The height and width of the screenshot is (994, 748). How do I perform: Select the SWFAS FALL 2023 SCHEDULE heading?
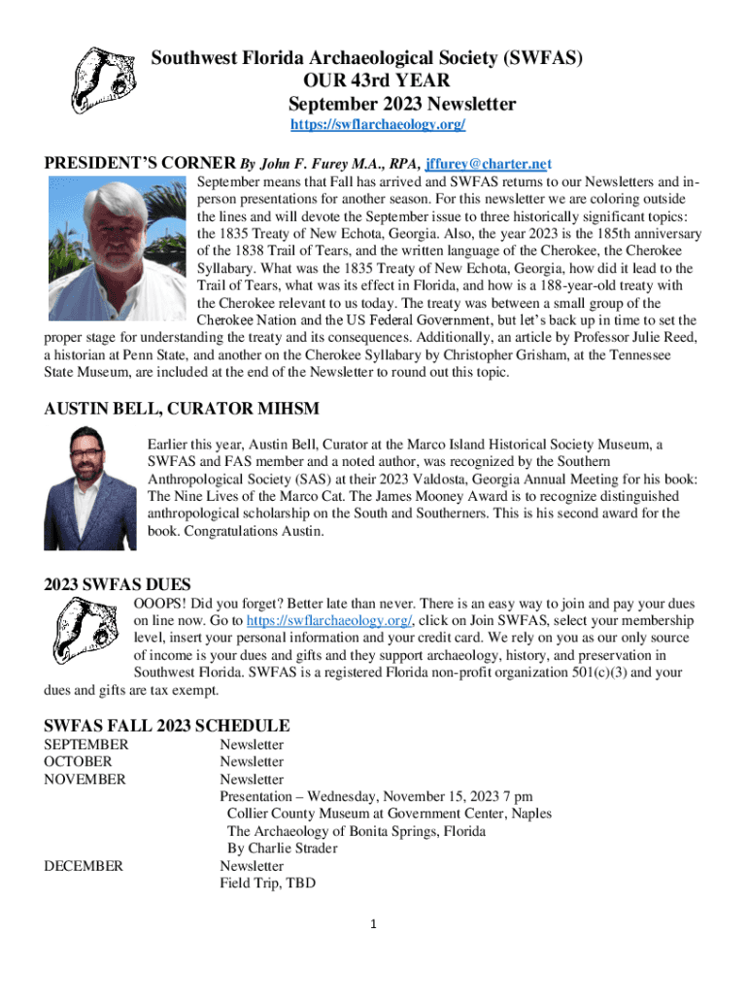pos(167,726)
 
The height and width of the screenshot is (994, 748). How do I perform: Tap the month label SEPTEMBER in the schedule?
pos(85,745)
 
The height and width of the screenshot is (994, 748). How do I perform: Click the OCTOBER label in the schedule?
pos(78,762)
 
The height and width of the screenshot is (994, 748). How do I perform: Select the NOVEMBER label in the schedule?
pos(85,779)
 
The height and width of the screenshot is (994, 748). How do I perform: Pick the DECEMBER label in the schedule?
pos(84,866)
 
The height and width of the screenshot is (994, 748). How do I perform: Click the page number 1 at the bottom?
pos(373,924)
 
